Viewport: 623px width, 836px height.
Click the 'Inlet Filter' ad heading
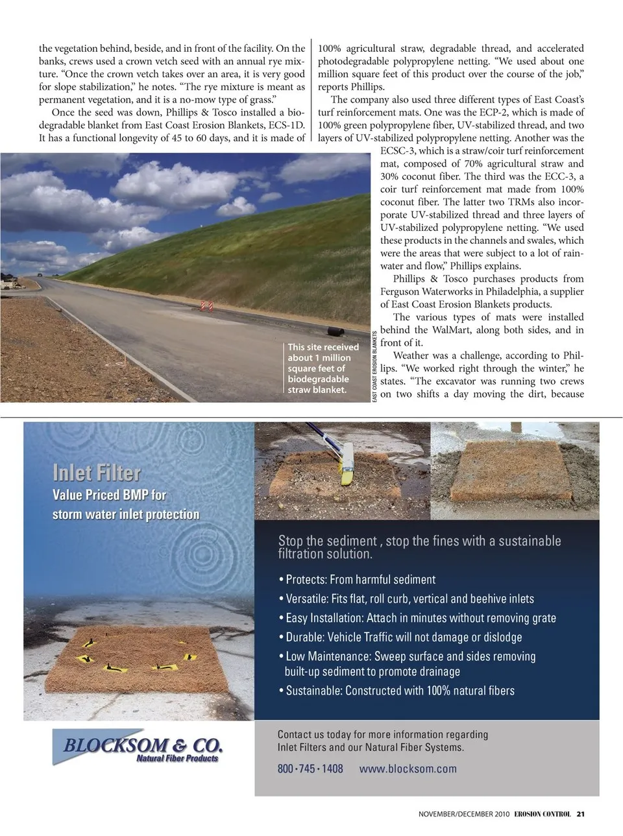point(97,473)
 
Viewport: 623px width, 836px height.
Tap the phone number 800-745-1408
point(310,769)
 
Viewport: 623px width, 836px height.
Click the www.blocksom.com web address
point(408,769)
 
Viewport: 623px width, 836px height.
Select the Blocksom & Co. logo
point(143,745)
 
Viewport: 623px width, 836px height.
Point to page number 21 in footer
point(581,814)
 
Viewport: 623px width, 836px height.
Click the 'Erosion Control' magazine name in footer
point(542,814)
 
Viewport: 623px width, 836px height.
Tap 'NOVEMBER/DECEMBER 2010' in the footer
point(463,814)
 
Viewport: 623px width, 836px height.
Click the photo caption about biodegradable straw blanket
point(323,368)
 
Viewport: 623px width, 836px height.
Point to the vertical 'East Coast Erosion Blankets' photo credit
point(375,367)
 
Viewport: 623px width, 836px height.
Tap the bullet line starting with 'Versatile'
point(409,599)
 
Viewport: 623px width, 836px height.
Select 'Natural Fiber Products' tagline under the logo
point(177,758)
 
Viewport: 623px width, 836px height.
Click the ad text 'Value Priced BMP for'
point(109,495)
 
